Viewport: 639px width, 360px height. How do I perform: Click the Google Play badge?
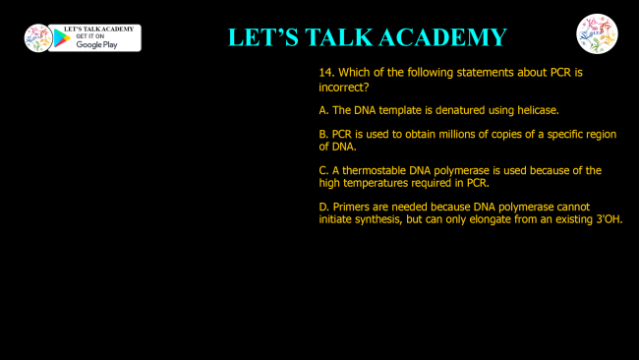(x=94, y=37)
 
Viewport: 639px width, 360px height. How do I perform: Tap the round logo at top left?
(x=37, y=37)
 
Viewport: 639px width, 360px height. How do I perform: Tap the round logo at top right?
(x=597, y=34)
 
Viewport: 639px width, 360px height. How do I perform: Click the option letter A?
(x=323, y=110)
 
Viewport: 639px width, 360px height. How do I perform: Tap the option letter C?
(x=323, y=170)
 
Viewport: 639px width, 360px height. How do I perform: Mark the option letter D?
(x=323, y=207)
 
